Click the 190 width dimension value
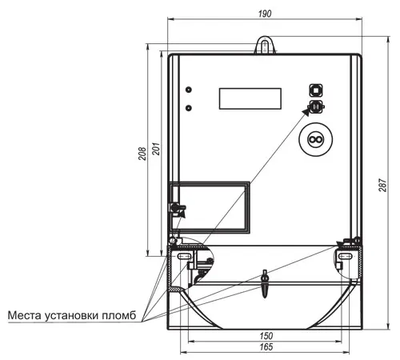(265, 14)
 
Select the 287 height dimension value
(382, 185)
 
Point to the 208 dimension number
(142, 154)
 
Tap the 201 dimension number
(156, 149)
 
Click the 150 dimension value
(266, 335)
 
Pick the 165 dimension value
(266, 346)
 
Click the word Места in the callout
(25, 315)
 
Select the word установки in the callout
(71, 316)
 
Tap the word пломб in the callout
(119, 315)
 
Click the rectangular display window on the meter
(250, 98)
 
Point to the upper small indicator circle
(189, 90)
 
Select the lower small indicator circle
(189, 108)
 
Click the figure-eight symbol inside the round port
(316, 139)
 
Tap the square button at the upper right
(316, 90)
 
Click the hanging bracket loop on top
(265, 45)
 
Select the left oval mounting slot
(183, 256)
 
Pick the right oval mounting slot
(345, 256)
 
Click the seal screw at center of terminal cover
(265, 284)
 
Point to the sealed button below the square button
(316, 107)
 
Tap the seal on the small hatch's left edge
(177, 207)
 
